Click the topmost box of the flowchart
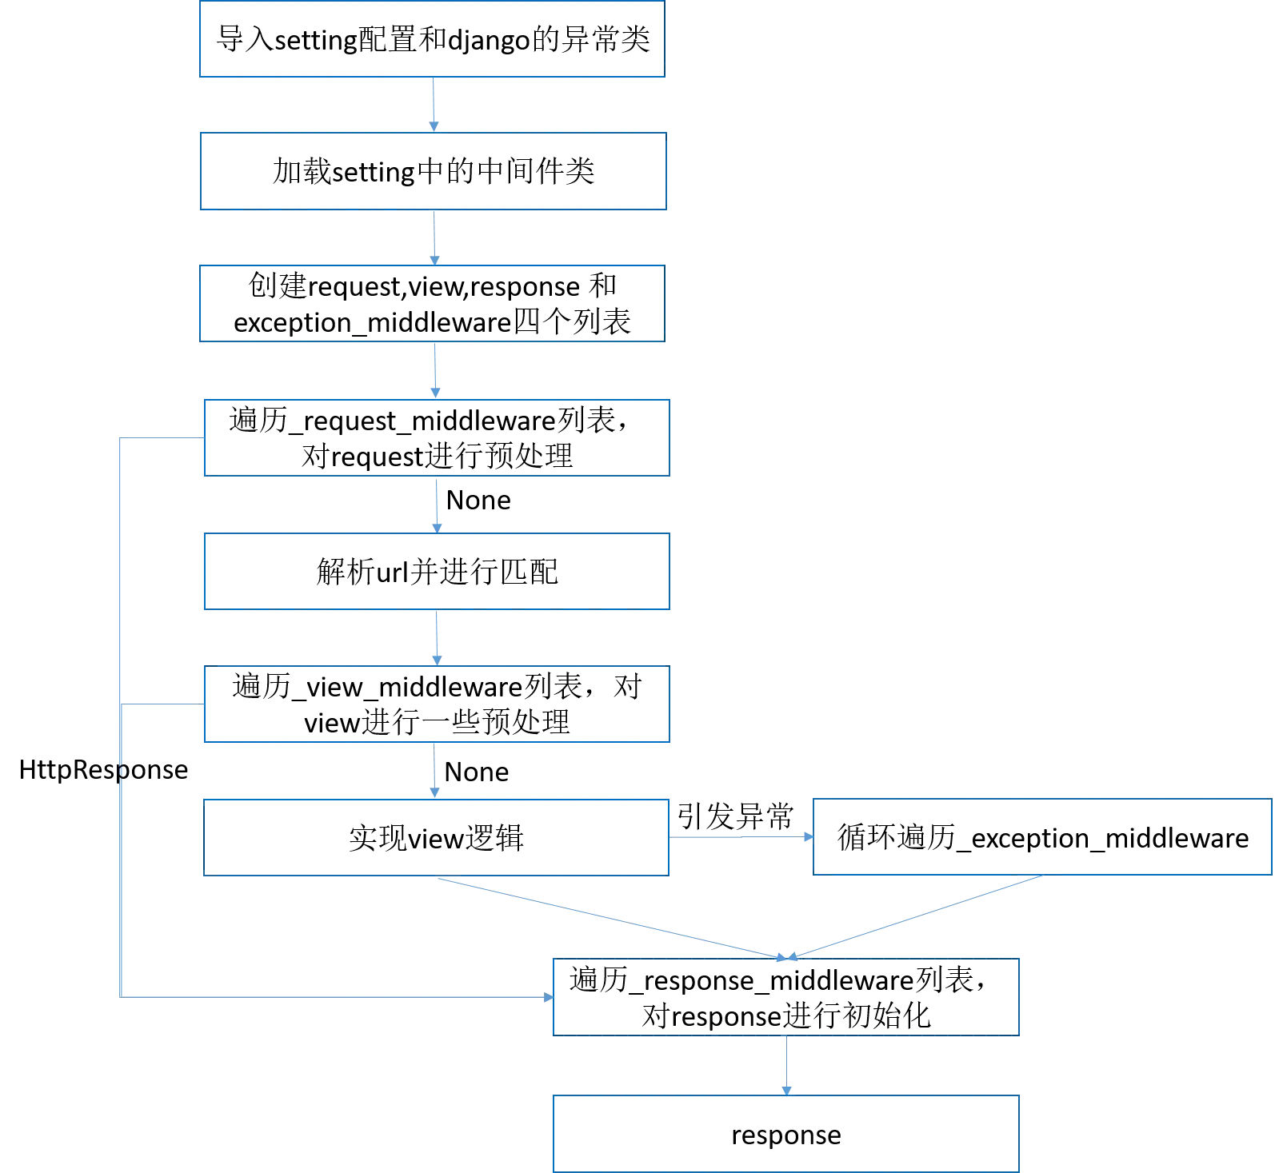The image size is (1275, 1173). tap(432, 40)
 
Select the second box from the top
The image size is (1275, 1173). tap(434, 170)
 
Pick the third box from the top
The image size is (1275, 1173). tap(432, 304)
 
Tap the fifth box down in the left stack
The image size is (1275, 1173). tap(436, 572)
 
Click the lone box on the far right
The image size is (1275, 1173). tap(1042, 836)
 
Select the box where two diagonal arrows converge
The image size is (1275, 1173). tap(786, 995)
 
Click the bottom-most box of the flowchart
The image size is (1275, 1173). tap(786, 1133)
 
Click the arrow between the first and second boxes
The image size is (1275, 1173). tap(433, 104)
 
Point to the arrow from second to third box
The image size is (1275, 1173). tap(433, 237)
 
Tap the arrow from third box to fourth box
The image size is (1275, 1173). tap(434, 370)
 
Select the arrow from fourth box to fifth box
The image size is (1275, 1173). tap(438, 504)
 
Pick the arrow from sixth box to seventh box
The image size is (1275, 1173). tap(433, 770)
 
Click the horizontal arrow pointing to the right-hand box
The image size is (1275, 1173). tap(740, 836)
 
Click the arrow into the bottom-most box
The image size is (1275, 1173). tap(784, 1063)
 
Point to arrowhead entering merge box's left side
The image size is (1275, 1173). tap(548, 998)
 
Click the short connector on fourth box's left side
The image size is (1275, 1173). tap(160, 438)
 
